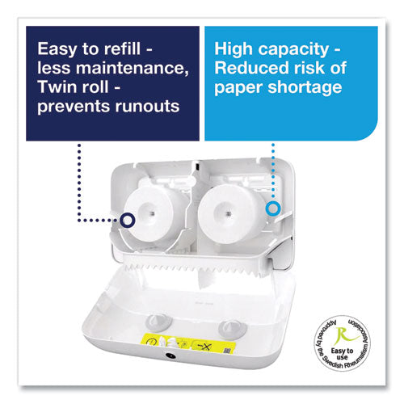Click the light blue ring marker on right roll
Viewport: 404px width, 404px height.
pyautogui.click(x=273, y=208)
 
